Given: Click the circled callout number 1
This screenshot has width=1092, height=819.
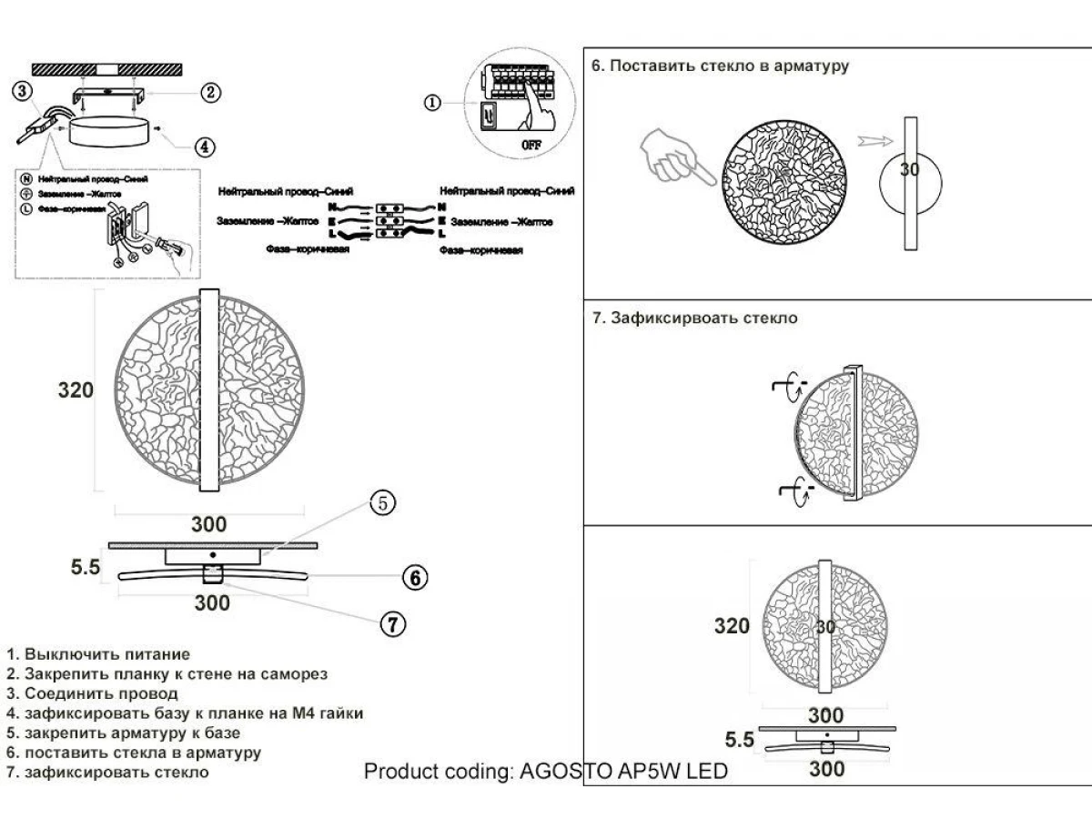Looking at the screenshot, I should (x=433, y=102).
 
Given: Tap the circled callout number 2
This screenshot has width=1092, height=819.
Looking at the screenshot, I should (x=210, y=91).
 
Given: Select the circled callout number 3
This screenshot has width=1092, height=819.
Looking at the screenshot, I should (x=24, y=89).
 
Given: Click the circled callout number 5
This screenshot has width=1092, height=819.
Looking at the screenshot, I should (x=383, y=501).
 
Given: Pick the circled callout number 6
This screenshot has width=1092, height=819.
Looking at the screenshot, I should (x=413, y=577).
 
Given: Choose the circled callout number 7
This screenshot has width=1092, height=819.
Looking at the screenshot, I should (x=391, y=624).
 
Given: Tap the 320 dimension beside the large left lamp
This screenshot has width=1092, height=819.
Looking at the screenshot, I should (x=76, y=390).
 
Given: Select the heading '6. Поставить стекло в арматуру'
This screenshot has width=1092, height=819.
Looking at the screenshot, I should (x=720, y=66).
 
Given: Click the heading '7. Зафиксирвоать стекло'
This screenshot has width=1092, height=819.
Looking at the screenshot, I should (x=694, y=318).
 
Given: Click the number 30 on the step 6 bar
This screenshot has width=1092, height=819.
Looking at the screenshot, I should (x=910, y=169).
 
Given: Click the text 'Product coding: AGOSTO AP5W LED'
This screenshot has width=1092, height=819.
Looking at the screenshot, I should (x=546, y=772).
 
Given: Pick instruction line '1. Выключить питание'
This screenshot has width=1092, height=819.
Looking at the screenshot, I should (x=97, y=654).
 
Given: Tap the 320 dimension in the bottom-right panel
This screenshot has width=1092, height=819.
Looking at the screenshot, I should (x=732, y=626).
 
